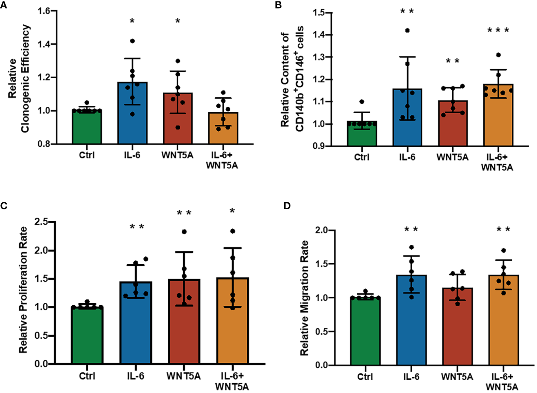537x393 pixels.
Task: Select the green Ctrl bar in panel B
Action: tap(362, 135)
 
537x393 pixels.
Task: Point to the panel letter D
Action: tap(287, 206)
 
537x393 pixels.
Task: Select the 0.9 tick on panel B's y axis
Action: tap(319, 146)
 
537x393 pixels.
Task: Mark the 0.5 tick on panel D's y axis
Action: tap(322, 332)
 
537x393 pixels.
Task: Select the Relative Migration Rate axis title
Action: tap(304, 298)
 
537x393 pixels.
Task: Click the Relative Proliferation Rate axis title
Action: tap(23, 290)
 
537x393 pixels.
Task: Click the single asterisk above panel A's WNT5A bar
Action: tap(178, 21)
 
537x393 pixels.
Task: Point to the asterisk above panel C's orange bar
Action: tap(232, 211)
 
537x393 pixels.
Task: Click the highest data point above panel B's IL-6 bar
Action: tap(407, 30)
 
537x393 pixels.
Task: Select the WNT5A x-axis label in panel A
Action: tap(177, 155)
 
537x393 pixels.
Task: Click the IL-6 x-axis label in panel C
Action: tap(135, 376)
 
